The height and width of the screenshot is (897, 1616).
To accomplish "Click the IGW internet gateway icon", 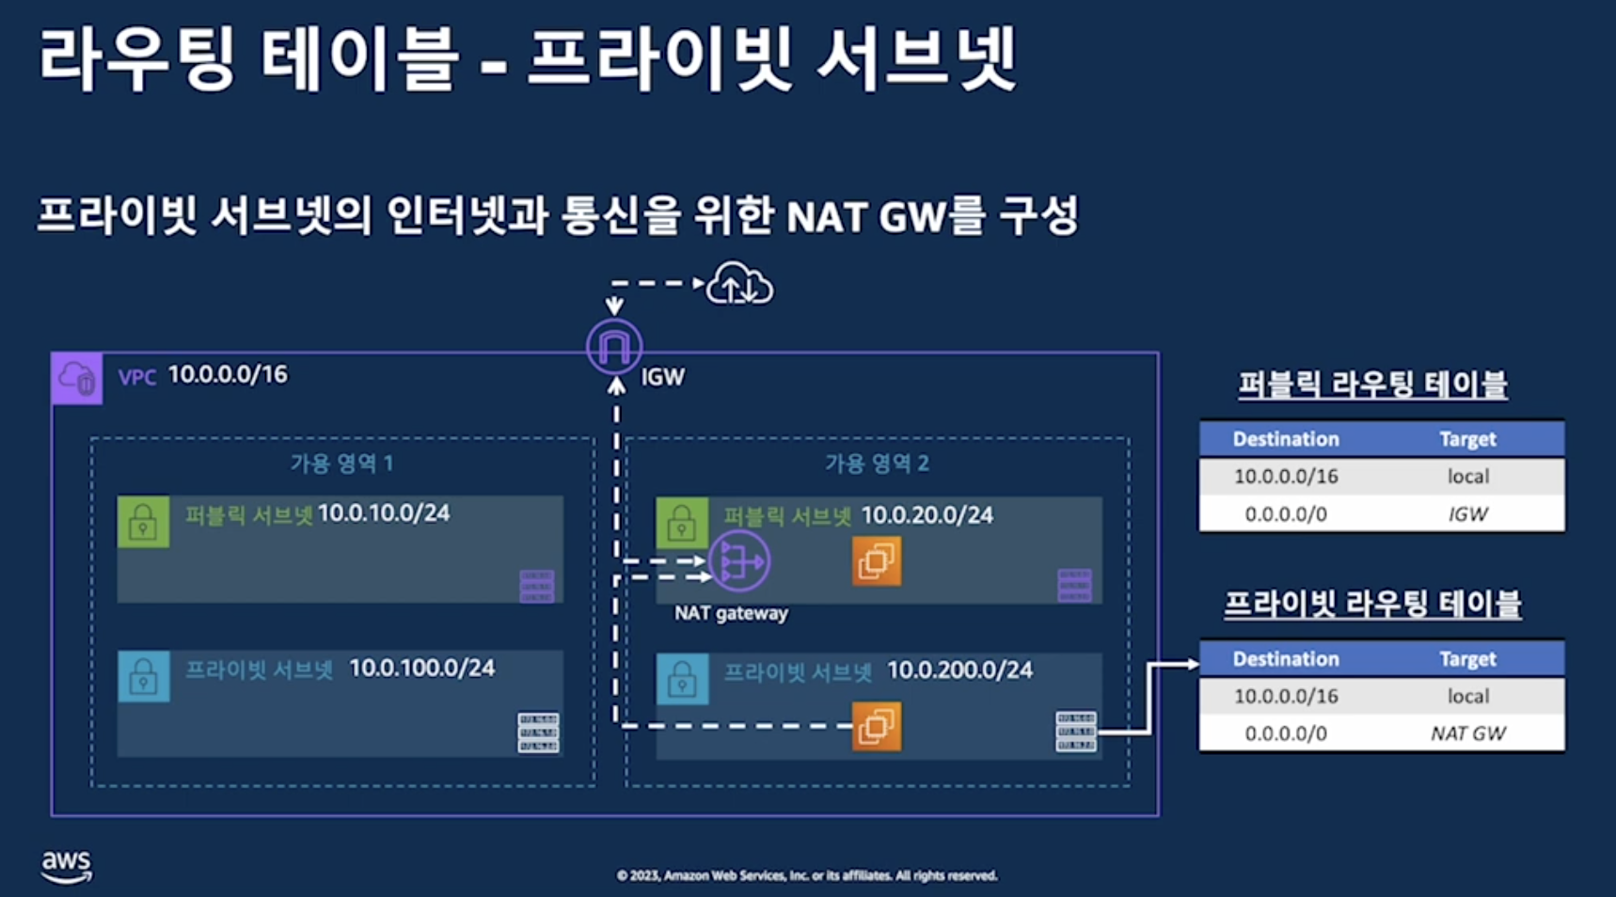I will coord(614,347).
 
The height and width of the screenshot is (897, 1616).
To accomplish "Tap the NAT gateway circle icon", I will coord(739,561).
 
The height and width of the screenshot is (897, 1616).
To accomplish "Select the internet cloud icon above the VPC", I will coord(740,284).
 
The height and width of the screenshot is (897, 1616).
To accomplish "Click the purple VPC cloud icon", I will coord(77,378).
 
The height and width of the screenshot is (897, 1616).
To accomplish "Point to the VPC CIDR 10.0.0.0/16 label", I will coord(228,375).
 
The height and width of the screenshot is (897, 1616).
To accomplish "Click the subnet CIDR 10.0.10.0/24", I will coord(384,513).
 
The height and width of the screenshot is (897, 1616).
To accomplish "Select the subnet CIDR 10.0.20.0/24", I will coord(927,515).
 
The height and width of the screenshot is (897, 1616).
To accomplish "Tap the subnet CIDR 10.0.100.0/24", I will coord(421,669).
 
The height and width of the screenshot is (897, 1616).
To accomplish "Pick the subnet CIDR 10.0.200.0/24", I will coord(959,670).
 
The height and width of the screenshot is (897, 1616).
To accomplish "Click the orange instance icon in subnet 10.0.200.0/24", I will coord(876,726).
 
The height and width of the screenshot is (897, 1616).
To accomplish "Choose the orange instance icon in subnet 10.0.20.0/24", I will coord(876,561).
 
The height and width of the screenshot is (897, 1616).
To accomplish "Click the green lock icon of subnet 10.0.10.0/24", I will coord(143,522).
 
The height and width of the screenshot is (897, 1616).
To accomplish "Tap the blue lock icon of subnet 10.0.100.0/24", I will coord(143,677).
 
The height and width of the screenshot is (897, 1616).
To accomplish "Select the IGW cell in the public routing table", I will coord(1467,514).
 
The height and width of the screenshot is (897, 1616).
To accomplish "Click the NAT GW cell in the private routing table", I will coord(1467,733).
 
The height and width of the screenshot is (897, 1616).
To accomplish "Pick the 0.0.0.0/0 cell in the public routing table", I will coord(1286,514).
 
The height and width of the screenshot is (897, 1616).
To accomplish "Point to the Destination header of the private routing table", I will coord(1286,659).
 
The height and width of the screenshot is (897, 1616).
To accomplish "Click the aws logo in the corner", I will coord(66,866).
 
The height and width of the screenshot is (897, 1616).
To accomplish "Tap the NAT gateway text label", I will coord(731,614).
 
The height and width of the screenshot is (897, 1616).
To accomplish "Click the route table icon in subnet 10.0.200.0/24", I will coord(1075,732).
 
